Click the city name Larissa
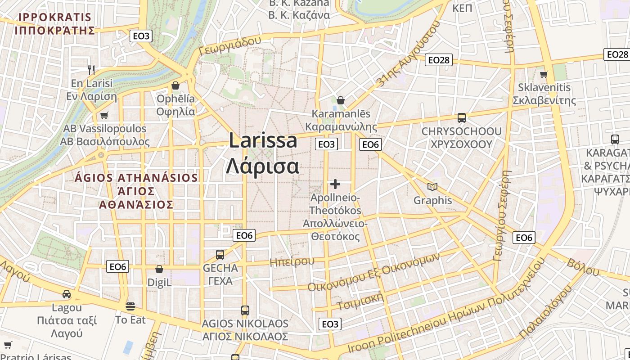(x=263, y=141)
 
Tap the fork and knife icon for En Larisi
(x=91, y=70)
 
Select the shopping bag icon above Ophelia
(x=175, y=85)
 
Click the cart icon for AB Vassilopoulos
(x=104, y=115)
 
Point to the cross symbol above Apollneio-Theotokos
(x=335, y=184)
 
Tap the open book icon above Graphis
(x=432, y=187)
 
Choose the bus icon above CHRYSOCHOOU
(x=462, y=118)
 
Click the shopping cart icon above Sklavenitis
(x=544, y=74)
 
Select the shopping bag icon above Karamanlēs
(x=341, y=100)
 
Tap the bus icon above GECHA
(x=220, y=255)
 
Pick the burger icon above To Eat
(x=130, y=306)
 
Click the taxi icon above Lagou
(x=67, y=294)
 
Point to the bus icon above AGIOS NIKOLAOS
(x=245, y=310)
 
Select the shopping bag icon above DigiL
(x=159, y=269)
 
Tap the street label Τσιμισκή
(x=360, y=301)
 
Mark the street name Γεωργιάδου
(x=229, y=45)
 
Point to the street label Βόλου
(x=583, y=267)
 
